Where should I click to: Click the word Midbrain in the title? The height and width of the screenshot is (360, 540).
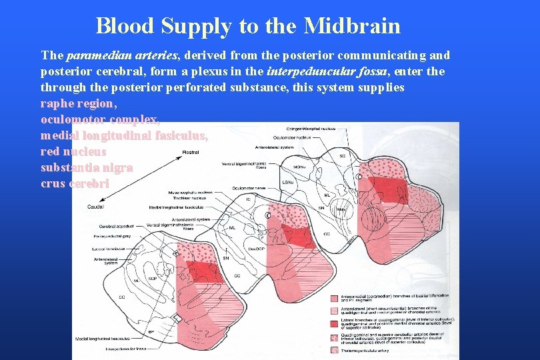[x=352, y=26]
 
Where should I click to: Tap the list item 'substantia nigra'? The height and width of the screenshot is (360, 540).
[x=87, y=167]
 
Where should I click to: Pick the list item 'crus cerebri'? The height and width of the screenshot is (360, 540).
[x=75, y=183]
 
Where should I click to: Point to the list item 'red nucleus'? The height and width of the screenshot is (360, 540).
[x=73, y=151]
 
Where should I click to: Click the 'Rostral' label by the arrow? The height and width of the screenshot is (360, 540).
[x=190, y=153]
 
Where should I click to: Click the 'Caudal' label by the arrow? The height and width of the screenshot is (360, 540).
[x=95, y=207]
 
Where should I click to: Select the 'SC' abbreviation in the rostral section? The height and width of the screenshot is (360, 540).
[x=343, y=157]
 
